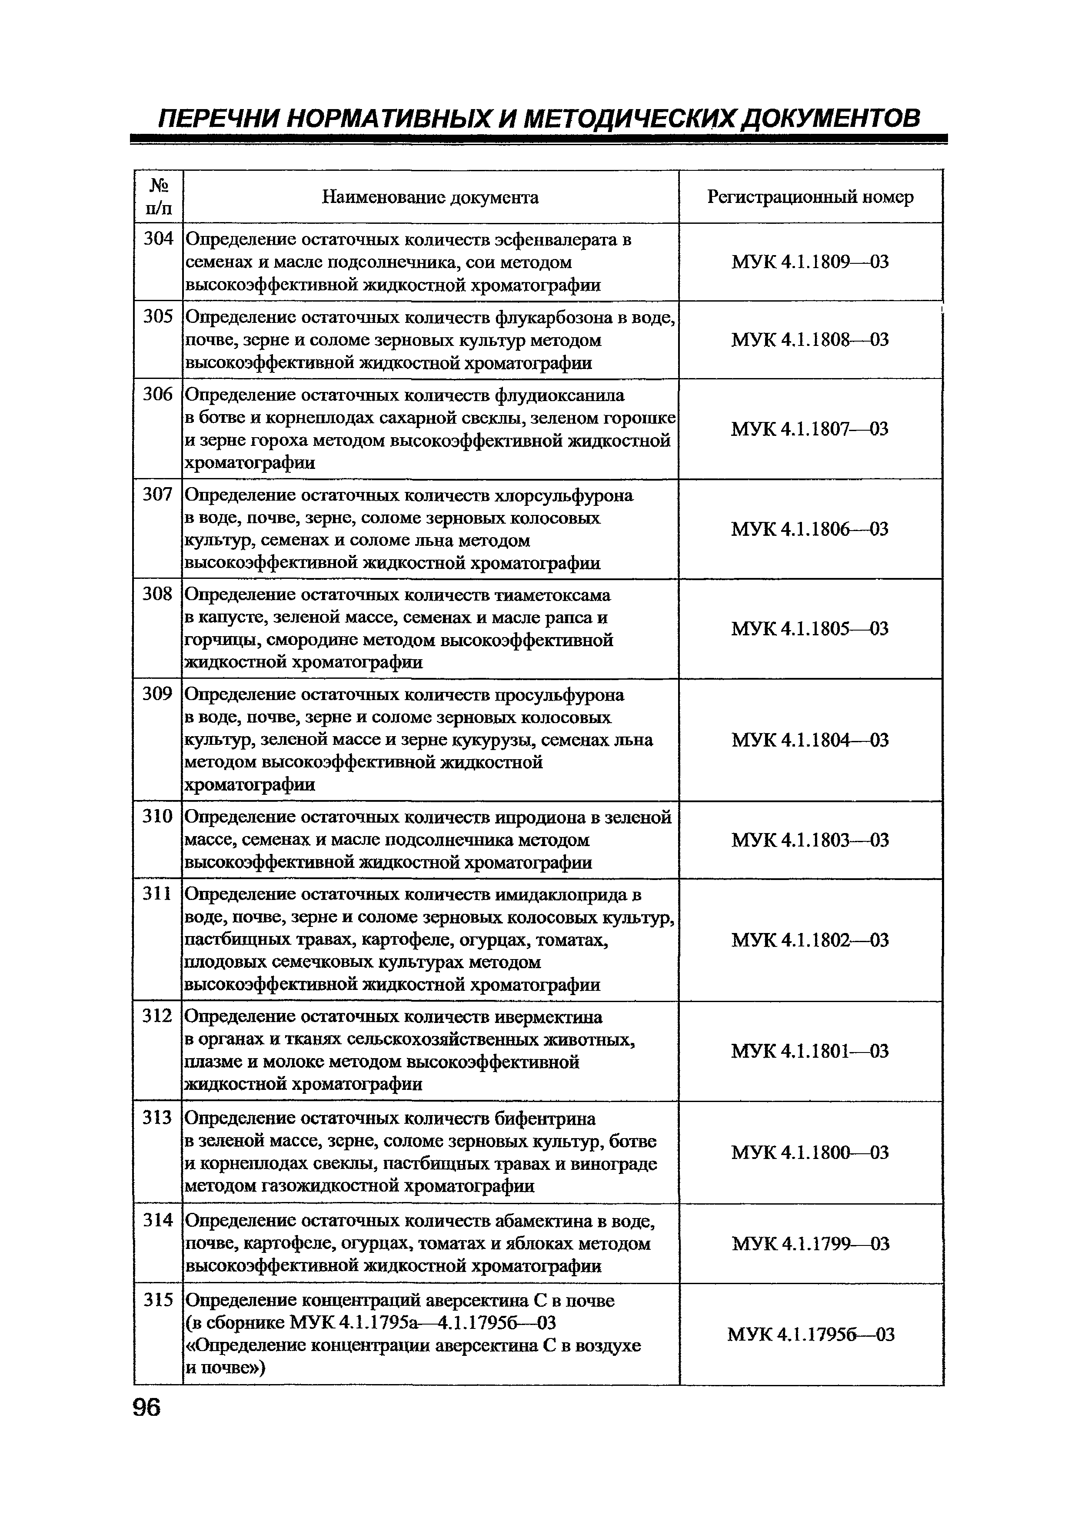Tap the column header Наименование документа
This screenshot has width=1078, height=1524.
coord(430,197)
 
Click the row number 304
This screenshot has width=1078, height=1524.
coord(158,238)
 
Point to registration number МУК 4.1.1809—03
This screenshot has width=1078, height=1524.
coord(810,262)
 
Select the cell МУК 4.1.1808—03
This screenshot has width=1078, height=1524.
coord(810,340)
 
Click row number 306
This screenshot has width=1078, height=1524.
coord(158,395)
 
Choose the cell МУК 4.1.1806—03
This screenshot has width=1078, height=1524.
coord(810,529)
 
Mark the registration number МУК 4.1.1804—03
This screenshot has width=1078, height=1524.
coord(810,740)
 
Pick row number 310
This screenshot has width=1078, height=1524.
coord(158,817)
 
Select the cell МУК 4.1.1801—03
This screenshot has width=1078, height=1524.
coord(810,1051)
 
